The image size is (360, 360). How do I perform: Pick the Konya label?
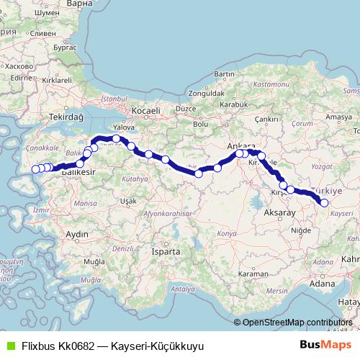click(x=227, y=235)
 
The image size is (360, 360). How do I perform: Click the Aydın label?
click(x=76, y=235)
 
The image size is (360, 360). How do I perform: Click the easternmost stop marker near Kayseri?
click(x=324, y=203)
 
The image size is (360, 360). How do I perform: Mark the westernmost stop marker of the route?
click(x=34, y=170)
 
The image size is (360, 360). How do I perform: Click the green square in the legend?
click(x=9, y=345)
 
